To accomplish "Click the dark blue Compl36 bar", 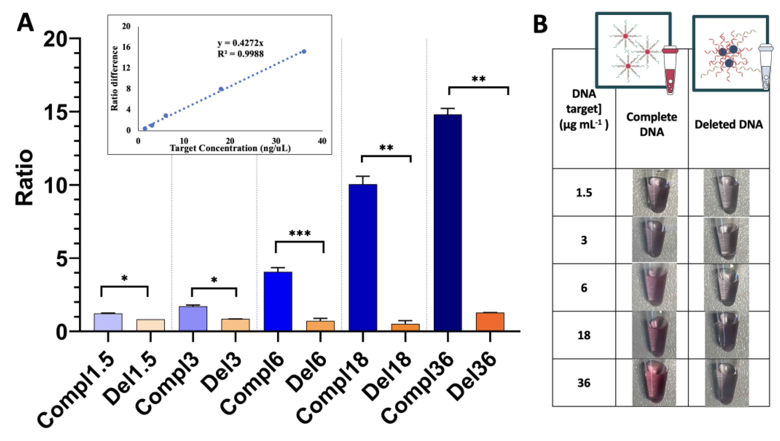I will click(x=447, y=223).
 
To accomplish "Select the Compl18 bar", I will click(x=363, y=257).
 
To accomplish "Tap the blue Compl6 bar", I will click(x=278, y=301).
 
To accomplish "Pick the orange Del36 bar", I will click(x=490, y=322).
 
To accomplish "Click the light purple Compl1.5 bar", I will click(x=108, y=322).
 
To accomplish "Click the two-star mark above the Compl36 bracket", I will click(x=479, y=79).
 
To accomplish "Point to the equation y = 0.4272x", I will click(x=240, y=43).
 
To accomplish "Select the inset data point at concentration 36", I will click(x=304, y=51).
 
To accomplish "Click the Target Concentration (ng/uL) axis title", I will click(x=230, y=148).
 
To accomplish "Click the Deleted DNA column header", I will click(x=729, y=124).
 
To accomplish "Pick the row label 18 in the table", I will click(x=584, y=335).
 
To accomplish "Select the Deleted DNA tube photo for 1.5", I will click(x=726, y=192).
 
